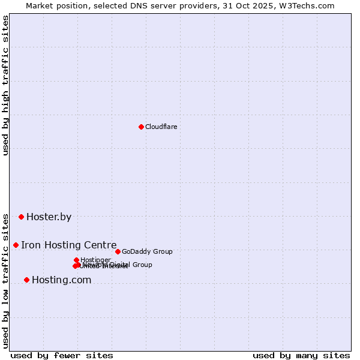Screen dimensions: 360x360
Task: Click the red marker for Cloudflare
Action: coord(141,127)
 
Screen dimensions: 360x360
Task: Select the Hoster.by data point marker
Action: coord(21,217)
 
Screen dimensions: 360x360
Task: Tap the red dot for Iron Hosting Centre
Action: coord(16,245)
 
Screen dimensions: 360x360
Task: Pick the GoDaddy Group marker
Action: coord(118,251)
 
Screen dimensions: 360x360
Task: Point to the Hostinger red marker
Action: coord(76,260)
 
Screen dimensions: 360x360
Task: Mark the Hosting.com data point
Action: coord(26,280)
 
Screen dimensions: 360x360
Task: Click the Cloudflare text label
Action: coord(161,127)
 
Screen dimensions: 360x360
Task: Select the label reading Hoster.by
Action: coord(49,217)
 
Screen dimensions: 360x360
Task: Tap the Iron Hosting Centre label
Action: coord(68,245)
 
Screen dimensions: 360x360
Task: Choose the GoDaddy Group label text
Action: coord(147,251)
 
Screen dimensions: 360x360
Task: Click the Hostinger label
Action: coord(95,260)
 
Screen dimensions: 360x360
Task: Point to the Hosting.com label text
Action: coord(61,280)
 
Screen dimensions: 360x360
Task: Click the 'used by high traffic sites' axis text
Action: coord(6,86)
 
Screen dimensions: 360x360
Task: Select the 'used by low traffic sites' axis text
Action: coord(6,281)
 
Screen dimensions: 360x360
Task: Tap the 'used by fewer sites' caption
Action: coord(62,355)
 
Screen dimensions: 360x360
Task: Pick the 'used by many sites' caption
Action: coord(301,355)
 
